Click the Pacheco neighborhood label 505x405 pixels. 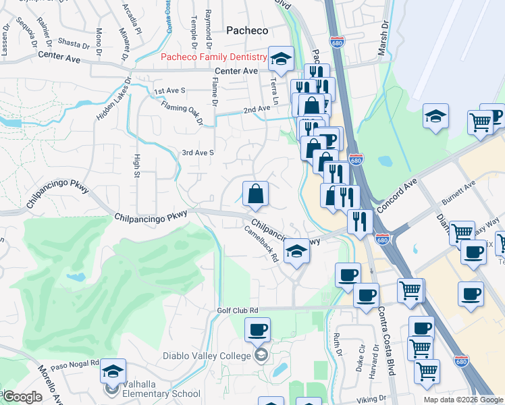pos(246,30)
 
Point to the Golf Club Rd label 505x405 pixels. pos(238,310)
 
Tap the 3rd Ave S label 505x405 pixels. pos(198,153)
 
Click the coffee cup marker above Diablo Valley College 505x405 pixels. pos(257,329)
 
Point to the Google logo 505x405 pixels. pos(22,397)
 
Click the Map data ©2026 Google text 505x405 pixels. pos(463,400)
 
